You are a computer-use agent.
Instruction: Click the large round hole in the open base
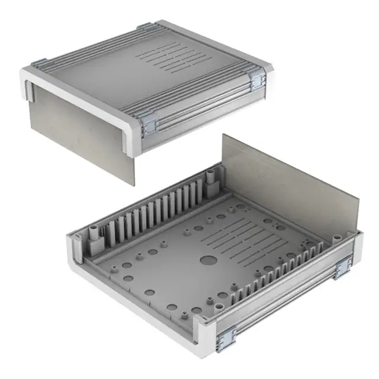[x=208, y=259]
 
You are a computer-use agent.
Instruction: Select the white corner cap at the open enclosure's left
[x=74, y=249]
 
